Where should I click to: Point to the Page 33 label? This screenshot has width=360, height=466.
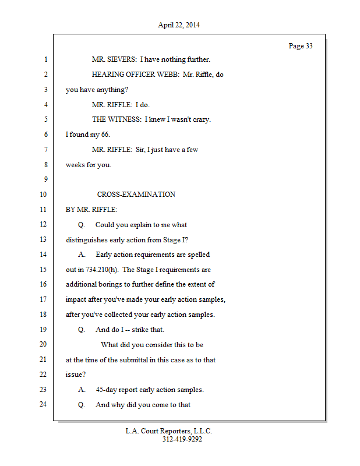(x=301, y=46)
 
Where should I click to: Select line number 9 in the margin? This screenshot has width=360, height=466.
(x=45, y=179)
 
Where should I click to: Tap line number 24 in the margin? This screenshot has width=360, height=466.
(x=43, y=405)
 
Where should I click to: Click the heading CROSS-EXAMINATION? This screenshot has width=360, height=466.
(x=136, y=195)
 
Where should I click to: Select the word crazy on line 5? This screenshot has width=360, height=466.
(x=200, y=119)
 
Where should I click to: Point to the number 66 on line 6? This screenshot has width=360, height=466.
(x=105, y=135)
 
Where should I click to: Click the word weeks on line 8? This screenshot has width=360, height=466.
(x=75, y=165)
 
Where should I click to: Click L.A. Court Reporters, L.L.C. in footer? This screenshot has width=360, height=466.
(x=169, y=431)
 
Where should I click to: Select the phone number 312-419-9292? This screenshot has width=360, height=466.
(x=182, y=439)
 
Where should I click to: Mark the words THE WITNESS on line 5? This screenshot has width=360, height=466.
(x=116, y=119)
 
